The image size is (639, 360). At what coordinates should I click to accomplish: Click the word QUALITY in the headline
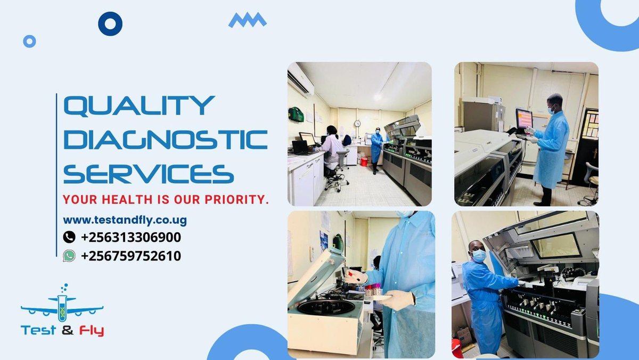pos(139,106)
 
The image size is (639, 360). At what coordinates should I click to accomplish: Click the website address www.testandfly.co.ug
pos(125,219)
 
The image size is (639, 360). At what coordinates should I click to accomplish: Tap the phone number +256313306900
pos(130,237)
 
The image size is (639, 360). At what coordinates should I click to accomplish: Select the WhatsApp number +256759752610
pos(130,256)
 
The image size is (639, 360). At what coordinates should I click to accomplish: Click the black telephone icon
pos(69,237)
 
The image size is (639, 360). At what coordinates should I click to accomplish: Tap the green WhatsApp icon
pos(69,256)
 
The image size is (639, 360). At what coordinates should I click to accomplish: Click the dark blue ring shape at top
pos(110,23)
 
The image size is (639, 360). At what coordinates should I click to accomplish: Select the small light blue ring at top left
pos(30,41)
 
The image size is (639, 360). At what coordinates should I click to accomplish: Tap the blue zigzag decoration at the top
pos(247,20)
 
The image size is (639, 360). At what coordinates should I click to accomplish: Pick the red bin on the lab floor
pos(364,161)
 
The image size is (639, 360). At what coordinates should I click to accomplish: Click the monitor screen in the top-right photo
pos(524,118)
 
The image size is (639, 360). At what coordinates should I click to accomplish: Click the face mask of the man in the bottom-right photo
pos(479,256)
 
